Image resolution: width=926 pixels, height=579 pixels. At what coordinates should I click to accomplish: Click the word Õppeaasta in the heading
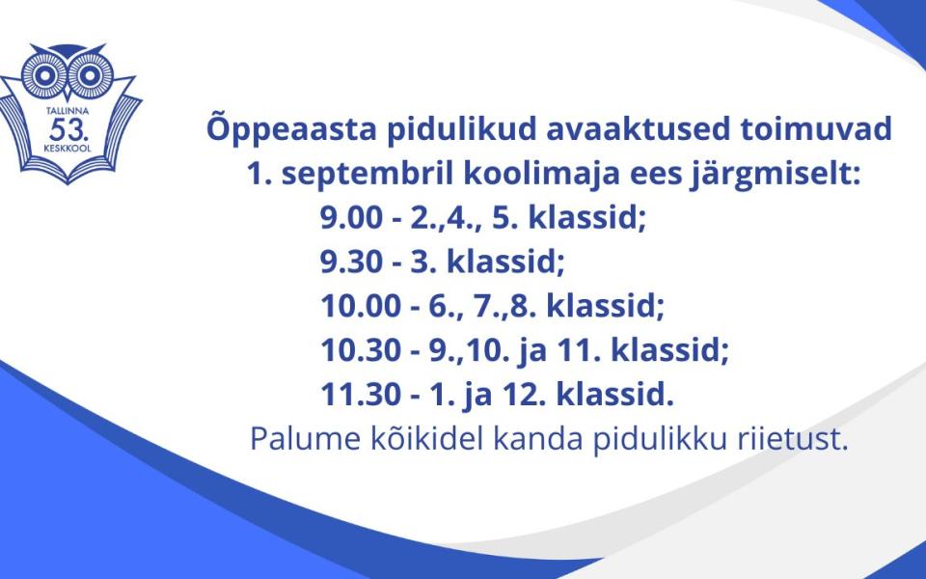pos(291,128)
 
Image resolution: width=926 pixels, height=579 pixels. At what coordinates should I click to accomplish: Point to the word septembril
pos(368,175)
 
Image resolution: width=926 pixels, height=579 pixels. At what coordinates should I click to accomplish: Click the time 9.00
pos(351,217)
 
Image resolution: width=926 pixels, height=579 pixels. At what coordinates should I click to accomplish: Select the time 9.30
pos(351,262)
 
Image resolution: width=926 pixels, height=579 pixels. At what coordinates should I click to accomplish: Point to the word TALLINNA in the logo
pos(68,111)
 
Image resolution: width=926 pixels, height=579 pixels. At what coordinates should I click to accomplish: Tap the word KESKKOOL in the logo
pos(68,149)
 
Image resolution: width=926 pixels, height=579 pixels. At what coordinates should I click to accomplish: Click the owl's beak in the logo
pos(68,93)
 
